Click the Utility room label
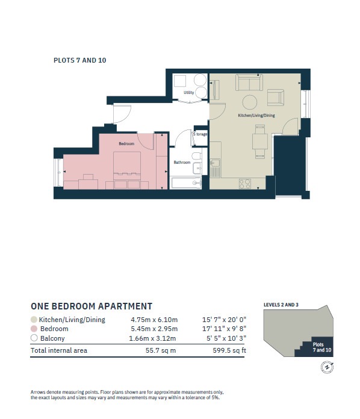pyautogui.click(x=188, y=93)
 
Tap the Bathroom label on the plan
pyautogui.click(x=182, y=162)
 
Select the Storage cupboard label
pyautogui.click(x=200, y=134)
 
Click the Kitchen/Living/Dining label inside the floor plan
pyautogui.click(x=256, y=116)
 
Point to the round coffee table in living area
pyautogui.click(x=250, y=102)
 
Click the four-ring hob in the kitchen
pyautogui.click(x=245, y=184)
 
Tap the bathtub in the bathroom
pyautogui.click(x=186, y=183)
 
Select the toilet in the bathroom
pyautogui.click(x=197, y=156)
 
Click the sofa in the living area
pyautogui.click(x=249, y=82)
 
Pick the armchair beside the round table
pyautogui.click(x=276, y=98)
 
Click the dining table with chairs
pyautogui.click(x=260, y=141)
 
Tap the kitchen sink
pyautogui.click(x=215, y=163)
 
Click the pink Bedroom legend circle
pyautogui.click(x=34, y=329)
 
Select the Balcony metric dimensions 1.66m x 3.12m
pyautogui.click(x=152, y=338)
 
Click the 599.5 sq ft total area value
pyautogui.click(x=229, y=350)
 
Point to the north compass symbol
pyautogui.click(x=327, y=367)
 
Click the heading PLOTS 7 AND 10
pyautogui.click(x=80, y=60)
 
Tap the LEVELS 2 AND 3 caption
pyautogui.click(x=281, y=305)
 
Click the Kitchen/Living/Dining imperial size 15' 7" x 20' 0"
pyautogui.click(x=224, y=320)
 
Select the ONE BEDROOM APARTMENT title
pyautogui.click(x=92, y=306)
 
